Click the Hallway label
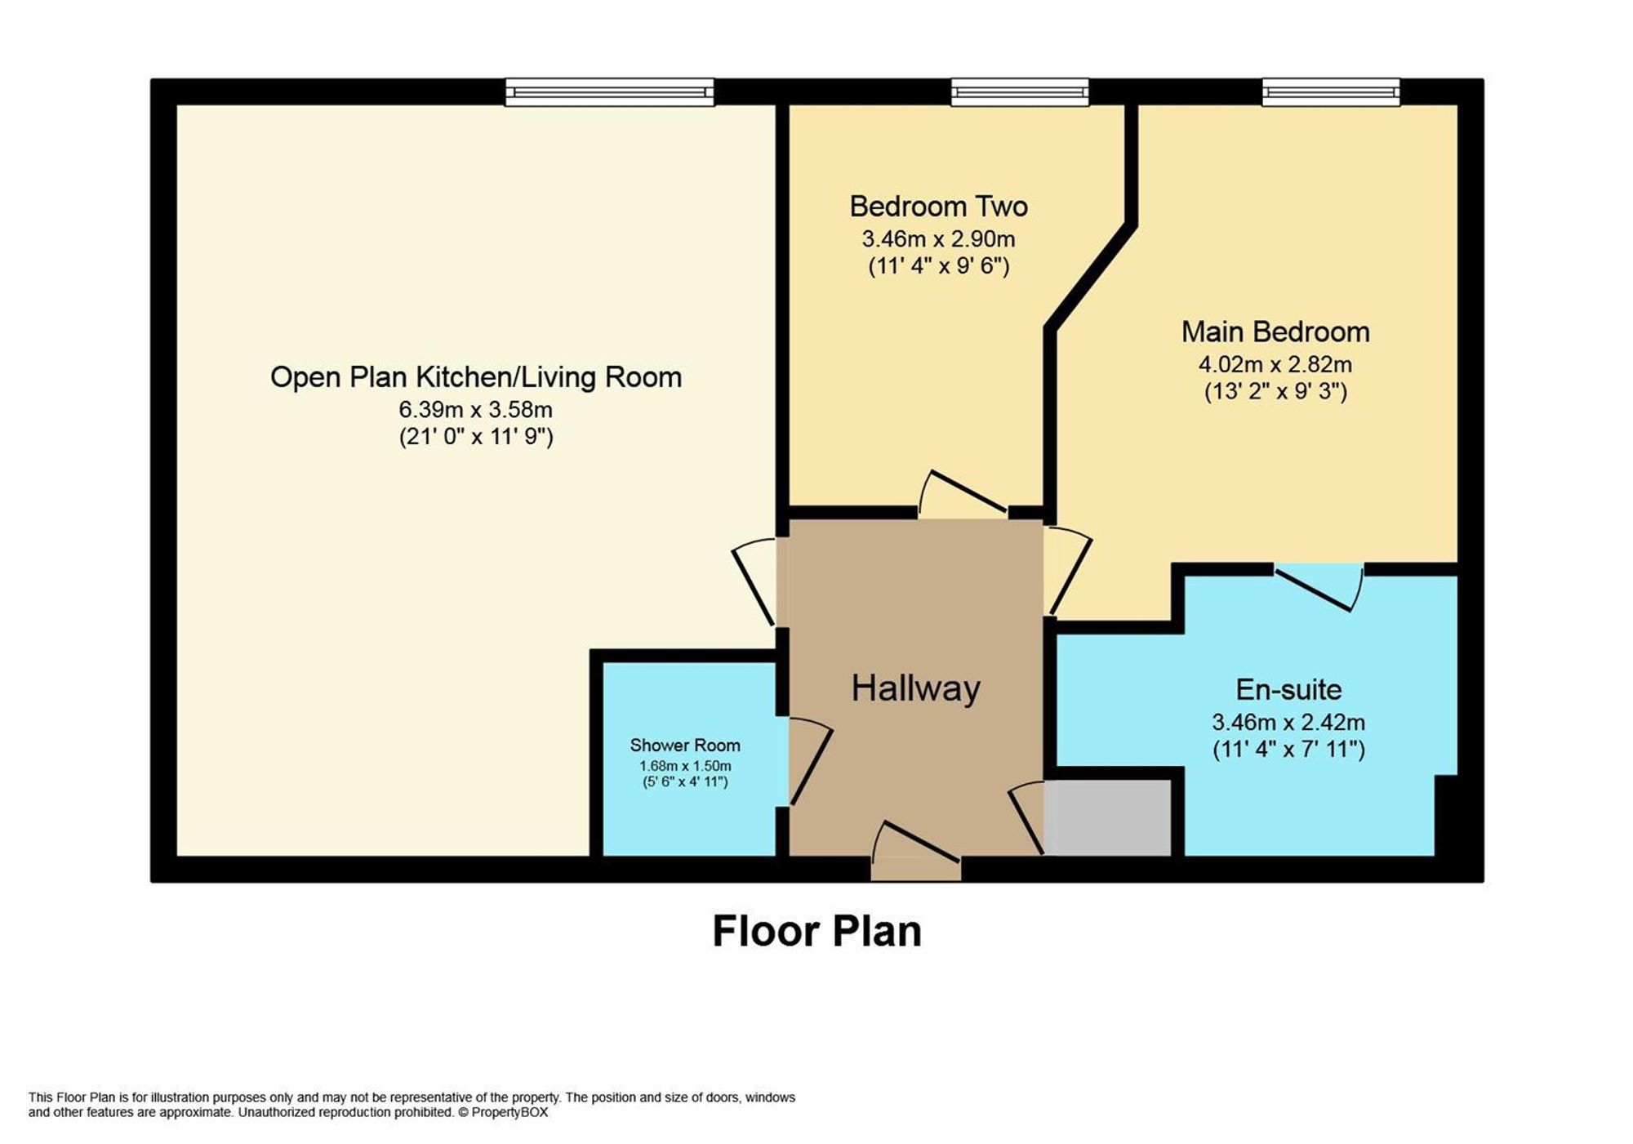[x=915, y=688]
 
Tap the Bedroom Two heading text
[x=938, y=207]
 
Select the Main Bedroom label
[x=1275, y=332]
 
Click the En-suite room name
[x=1288, y=690]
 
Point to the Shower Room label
[x=684, y=745]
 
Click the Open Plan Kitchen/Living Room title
[x=475, y=377]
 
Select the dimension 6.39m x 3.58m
[x=475, y=409]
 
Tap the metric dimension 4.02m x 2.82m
[x=1275, y=364]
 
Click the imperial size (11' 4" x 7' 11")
[x=1288, y=749]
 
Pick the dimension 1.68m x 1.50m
[x=684, y=766]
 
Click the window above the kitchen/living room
[x=609, y=92]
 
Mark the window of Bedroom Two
[x=1019, y=92]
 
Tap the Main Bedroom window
[x=1330, y=92]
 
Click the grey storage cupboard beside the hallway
[x=1108, y=817]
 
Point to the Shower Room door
[x=808, y=761]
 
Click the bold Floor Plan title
[x=816, y=931]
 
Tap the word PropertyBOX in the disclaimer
[x=509, y=1112]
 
